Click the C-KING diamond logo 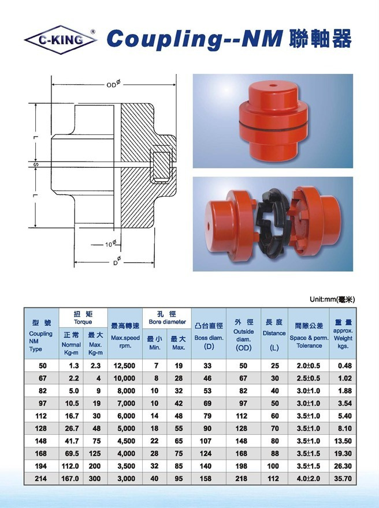pyautogui.click(x=60, y=40)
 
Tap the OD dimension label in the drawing pyautogui.click(x=113, y=84)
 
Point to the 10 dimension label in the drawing pyautogui.click(x=110, y=244)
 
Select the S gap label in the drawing pyautogui.click(x=36, y=164)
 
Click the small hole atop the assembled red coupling pyautogui.click(x=273, y=86)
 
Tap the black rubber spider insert pyautogui.click(x=272, y=220)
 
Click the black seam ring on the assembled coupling pyautogui.click(x=273, y=127)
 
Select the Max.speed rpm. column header pyautogui.click(x=125, y=341)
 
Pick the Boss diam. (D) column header pyautogui.click(x=209, y=342)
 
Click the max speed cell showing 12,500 pyautogui.click(x=125, y=366)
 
